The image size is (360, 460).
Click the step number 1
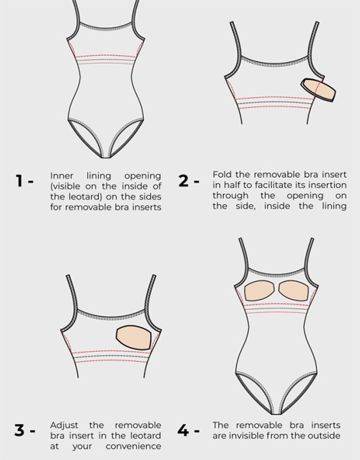pos(19,181)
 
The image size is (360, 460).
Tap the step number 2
pos(183,181)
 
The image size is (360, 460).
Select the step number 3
pos(19,430)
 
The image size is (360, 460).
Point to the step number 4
pos(183,430)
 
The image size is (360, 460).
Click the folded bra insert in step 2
pos(319,90)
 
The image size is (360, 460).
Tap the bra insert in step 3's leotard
pos(134,337)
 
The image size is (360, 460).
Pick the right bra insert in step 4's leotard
pos(294,291)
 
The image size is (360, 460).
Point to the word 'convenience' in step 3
pos(133,446)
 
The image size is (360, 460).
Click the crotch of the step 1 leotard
pos(105,156)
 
